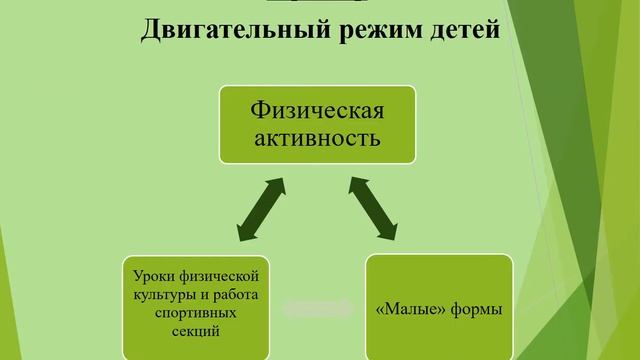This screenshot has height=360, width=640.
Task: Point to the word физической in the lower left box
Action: click(221, 274)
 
